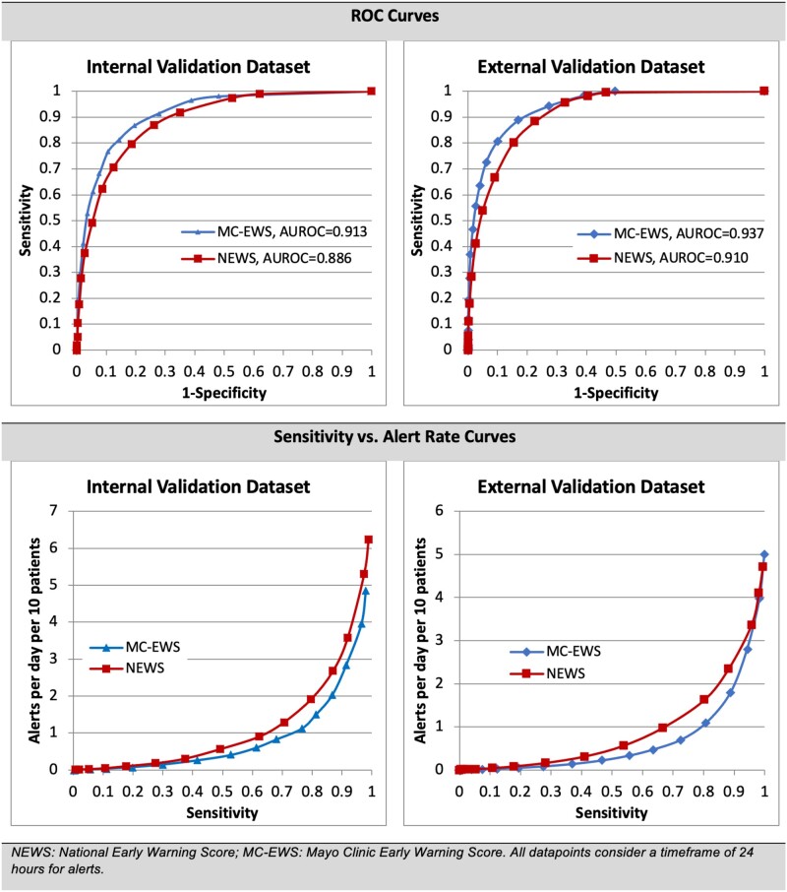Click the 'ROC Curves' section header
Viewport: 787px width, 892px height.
pos(393,20)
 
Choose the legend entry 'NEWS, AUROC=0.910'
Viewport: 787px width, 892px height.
pos(657,259)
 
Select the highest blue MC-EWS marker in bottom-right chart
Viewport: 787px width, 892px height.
pos(764,555)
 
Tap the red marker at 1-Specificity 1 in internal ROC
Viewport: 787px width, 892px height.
pos(371,91)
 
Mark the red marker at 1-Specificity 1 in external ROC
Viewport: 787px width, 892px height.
pos(764,91)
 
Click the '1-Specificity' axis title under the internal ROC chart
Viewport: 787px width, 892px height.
pos(223,391)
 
